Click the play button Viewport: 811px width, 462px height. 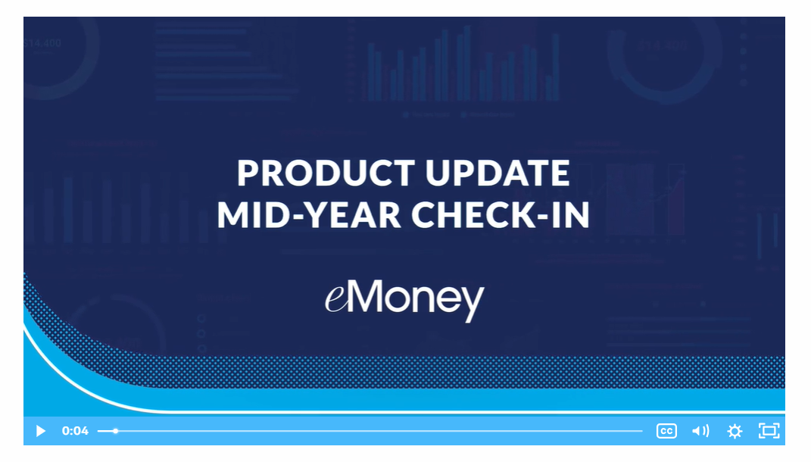click(x=40, y=431)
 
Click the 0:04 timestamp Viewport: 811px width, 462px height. click(x=75, y=431)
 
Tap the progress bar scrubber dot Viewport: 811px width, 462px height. click(x=115, y=431)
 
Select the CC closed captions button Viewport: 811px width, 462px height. click(x=666, y=431)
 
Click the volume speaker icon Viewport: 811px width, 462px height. click(x=700, y=431)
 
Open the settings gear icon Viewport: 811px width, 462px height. click(x=735, y=431)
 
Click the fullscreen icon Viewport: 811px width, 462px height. click(x=769, y=431)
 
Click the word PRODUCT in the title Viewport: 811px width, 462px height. click(x=326, y=173)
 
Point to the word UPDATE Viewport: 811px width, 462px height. click(x=498, y=173)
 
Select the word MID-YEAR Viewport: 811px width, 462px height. click(x=309, y=214)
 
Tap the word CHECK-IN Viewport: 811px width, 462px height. click(x=500, y=214)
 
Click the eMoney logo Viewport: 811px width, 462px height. click(x=404, y=300)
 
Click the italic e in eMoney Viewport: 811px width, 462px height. click(x=335, y=300)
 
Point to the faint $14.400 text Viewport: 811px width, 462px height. click(x=42, y=43)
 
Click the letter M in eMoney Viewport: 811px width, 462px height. click(x=367, y=296)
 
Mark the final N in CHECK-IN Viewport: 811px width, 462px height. click(x=577, y=214)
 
